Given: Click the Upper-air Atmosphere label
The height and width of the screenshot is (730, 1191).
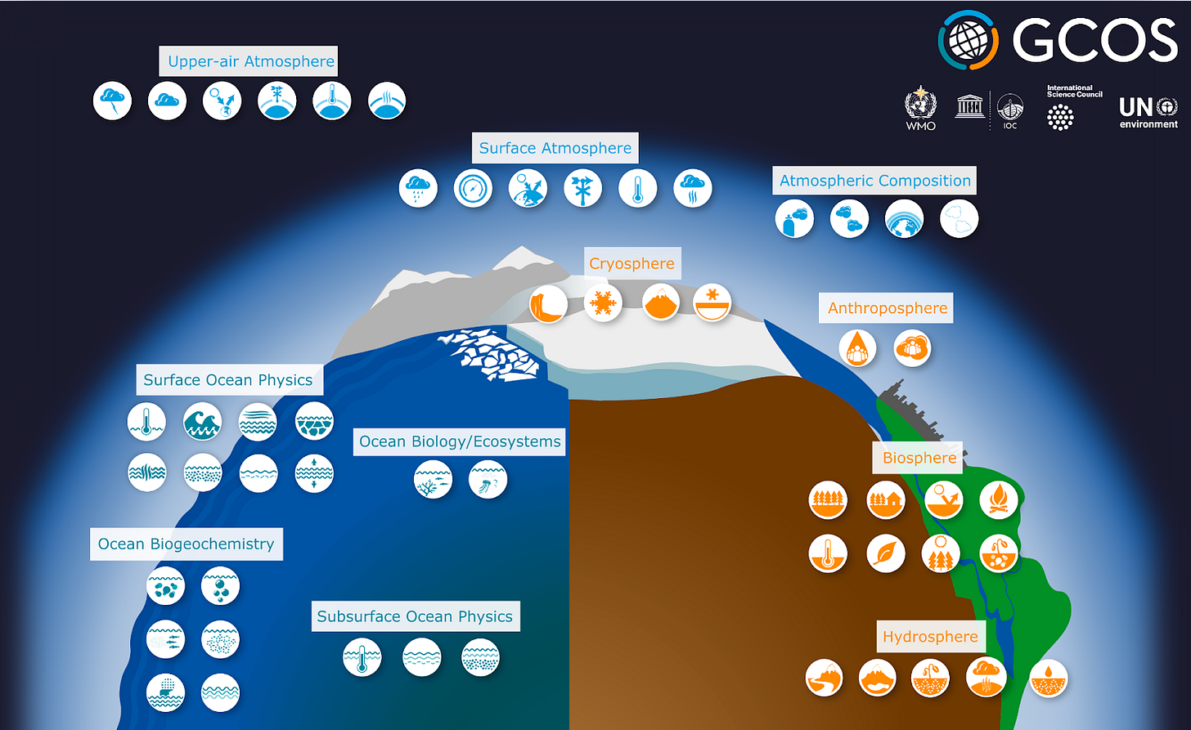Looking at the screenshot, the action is (251, 61).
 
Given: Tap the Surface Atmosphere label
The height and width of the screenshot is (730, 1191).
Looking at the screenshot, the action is (555, 148).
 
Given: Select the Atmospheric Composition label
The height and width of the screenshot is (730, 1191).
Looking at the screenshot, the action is (874, 181).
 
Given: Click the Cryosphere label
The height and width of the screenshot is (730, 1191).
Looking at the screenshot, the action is (631, 264).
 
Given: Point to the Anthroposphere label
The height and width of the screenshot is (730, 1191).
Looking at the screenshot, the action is (887, 308).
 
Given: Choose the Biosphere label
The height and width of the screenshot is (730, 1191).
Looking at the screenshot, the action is (919, 458).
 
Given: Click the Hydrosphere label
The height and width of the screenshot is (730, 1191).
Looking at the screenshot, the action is (930, 637).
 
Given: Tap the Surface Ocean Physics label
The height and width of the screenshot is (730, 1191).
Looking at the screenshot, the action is (227, 380).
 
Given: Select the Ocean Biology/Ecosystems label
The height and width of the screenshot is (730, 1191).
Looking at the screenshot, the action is (460, 441).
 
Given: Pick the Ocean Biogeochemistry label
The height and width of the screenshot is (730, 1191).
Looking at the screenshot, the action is (186, 544).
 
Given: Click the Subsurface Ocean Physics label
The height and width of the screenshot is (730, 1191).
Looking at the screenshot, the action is (415, 616).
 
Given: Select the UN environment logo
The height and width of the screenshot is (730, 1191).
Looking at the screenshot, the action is (1148, 112).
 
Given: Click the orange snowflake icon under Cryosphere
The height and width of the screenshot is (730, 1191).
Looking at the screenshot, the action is (603, 303).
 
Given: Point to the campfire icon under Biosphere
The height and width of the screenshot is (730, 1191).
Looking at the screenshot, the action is (998, 499).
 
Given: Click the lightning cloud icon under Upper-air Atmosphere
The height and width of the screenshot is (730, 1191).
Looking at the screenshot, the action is (112, 101).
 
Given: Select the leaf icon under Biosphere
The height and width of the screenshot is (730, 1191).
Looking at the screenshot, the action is (886, 553).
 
